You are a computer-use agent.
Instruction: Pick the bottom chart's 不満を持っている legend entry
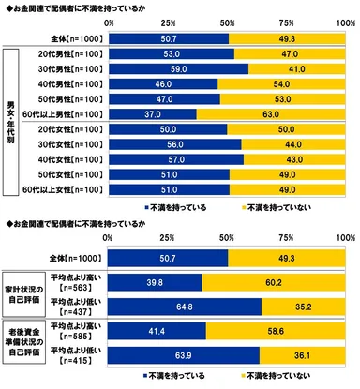(173, 379)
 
